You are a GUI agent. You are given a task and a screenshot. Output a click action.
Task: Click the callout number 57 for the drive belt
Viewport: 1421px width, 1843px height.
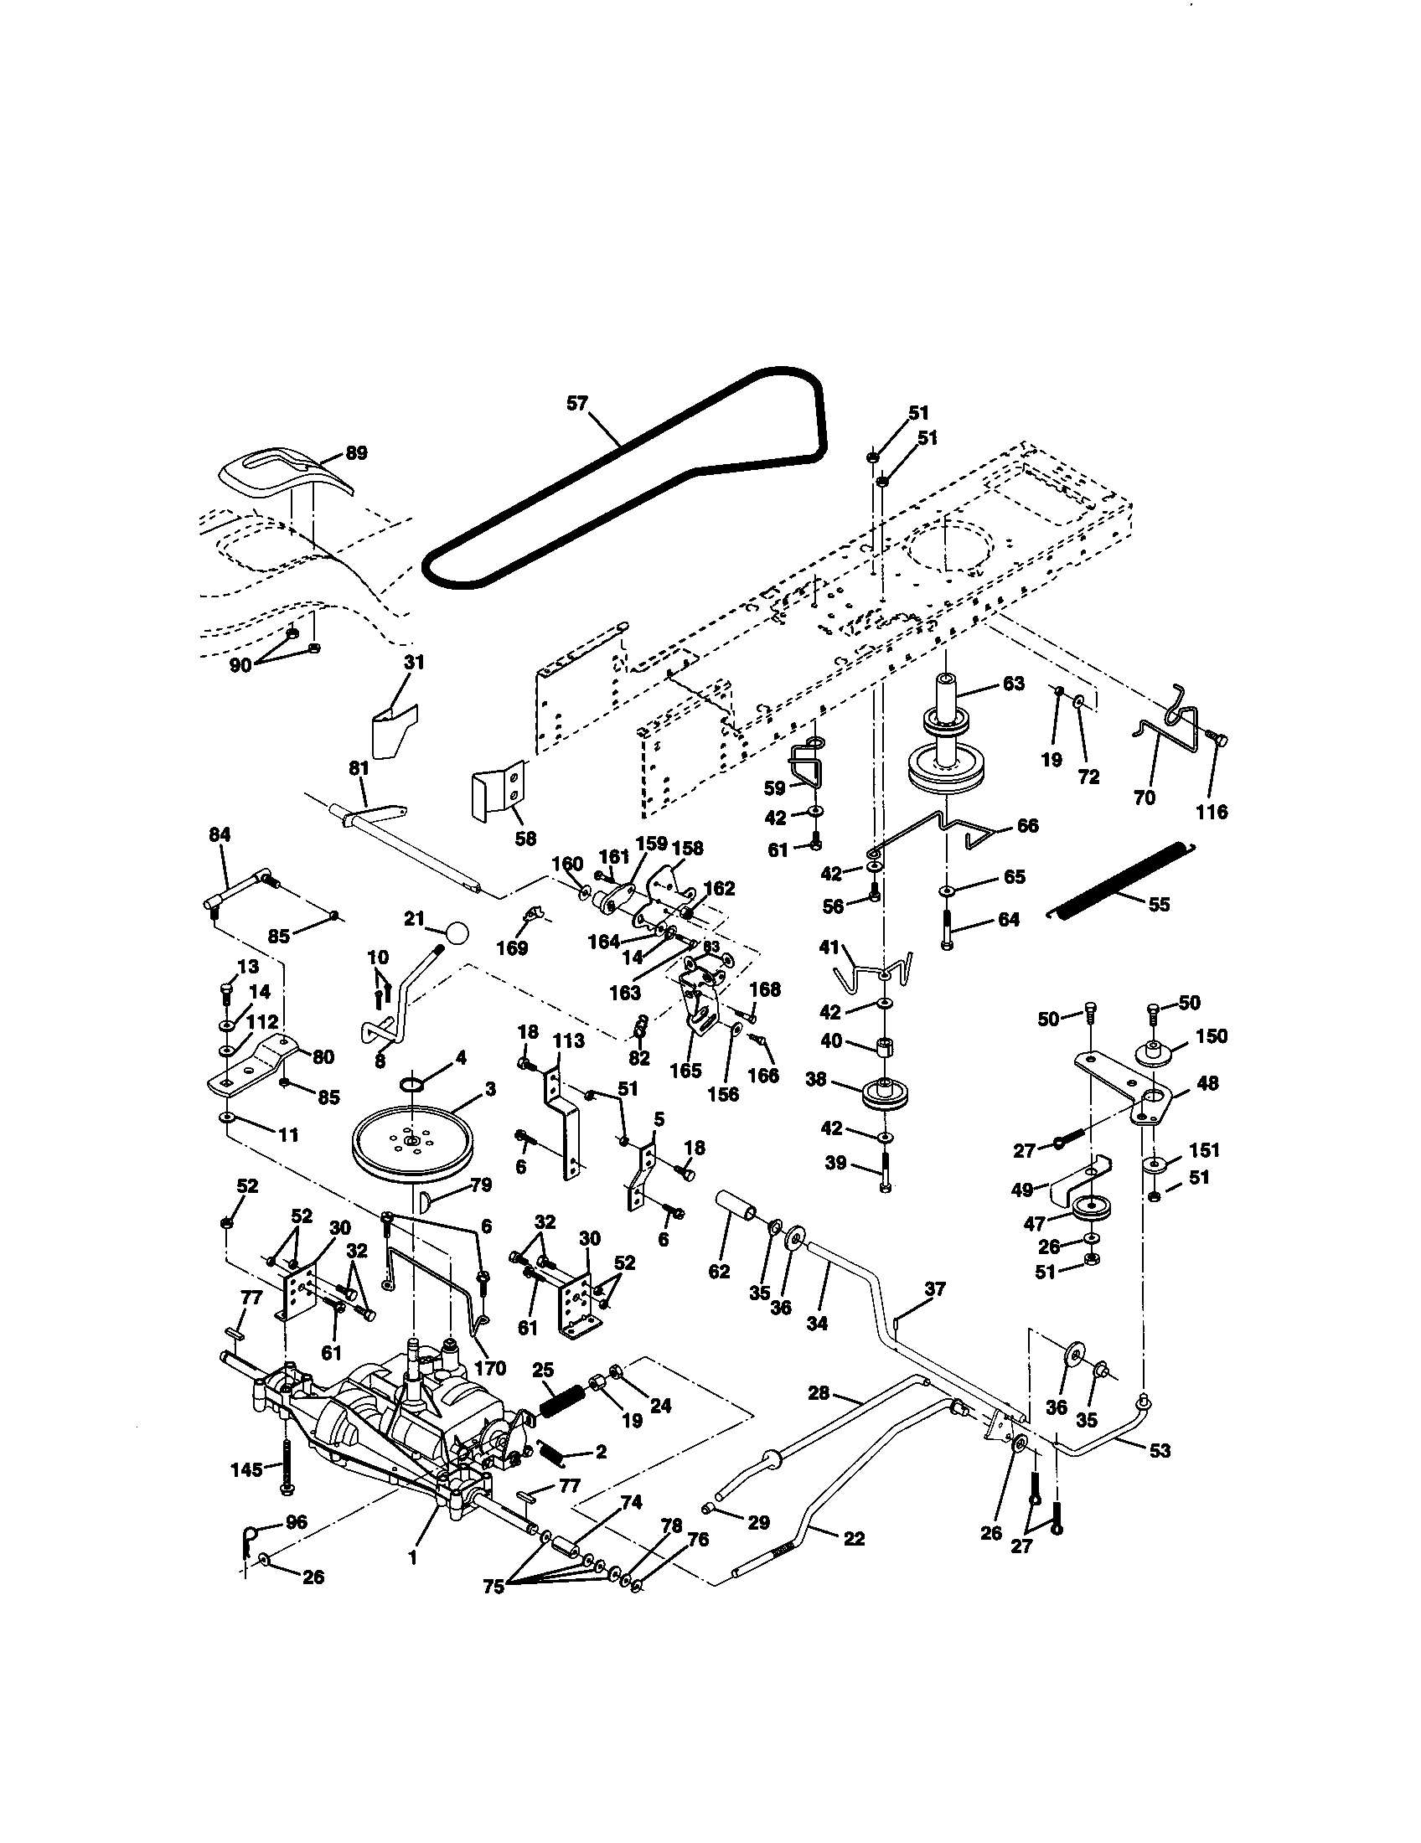click(576, 404)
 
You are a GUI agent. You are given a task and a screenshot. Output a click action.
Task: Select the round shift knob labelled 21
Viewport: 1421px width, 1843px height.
click(456, 933)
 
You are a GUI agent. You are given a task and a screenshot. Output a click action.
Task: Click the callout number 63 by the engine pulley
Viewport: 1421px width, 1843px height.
click(1013, 683)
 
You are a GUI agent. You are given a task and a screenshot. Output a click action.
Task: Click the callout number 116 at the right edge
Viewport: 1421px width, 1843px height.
click(1211, 812)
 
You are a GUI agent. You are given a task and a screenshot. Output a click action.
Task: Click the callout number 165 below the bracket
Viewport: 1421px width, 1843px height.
click(685, 1071)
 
